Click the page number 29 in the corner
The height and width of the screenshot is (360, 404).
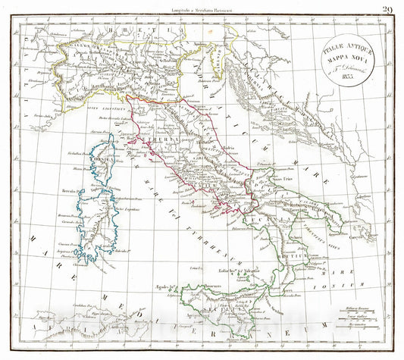tap(387, 9)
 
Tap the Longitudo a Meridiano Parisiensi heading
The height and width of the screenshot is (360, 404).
tap(202, 9)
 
